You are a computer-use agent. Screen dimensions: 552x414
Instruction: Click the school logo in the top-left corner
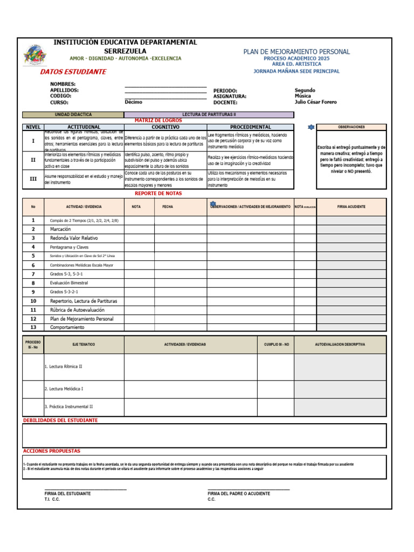pos(35,55)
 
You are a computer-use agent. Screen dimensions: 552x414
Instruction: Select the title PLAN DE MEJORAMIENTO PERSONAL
pos(296,52)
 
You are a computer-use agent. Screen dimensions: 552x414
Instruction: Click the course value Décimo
pos(134,102)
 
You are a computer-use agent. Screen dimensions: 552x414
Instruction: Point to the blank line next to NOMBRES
pos(165,86)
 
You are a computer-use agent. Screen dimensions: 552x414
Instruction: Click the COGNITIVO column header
pos(165,127)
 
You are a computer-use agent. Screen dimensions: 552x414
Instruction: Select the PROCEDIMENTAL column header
pos(250,127)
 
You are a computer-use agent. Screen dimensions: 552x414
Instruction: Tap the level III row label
pos(33,180)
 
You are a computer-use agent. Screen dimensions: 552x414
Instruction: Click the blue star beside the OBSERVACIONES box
pos(310,127)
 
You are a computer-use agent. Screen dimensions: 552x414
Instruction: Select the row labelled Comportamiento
pos(67,327)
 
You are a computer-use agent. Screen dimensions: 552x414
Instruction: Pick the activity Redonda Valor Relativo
pos(74,238)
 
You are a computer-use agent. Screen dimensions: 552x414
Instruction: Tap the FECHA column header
pos(168,207)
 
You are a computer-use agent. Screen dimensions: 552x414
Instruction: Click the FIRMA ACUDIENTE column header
pos(351,207)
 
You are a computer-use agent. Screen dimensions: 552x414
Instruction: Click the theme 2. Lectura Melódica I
pos(64,389)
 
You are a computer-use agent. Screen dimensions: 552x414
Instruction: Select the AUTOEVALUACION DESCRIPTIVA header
pos(340,344)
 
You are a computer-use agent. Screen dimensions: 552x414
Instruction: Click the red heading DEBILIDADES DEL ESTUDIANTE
pos(60,420)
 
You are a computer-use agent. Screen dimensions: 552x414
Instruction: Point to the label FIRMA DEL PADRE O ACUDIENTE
pos(239,494)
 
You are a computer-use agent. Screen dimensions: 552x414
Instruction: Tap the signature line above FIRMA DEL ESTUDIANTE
pos(85,489)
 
